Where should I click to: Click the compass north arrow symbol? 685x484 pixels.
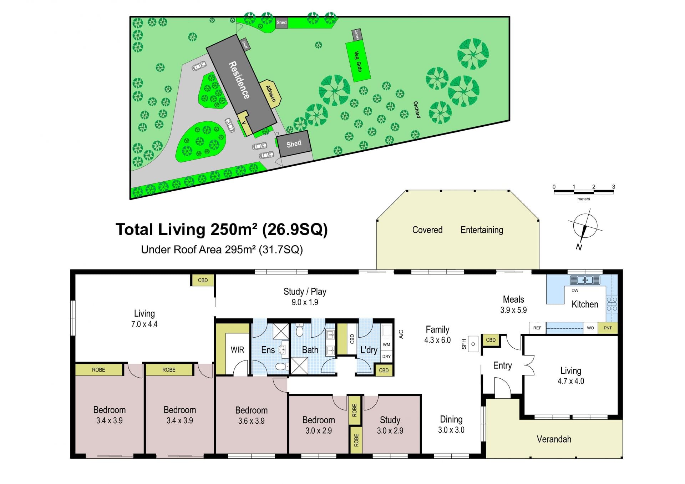point(584,229)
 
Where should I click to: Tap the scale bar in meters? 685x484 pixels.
point(584,192)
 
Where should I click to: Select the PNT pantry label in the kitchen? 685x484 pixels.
point(608,328)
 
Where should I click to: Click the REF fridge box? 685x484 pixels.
point(537,328)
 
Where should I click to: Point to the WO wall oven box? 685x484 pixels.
point(590,328)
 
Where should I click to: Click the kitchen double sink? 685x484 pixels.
point(585,280)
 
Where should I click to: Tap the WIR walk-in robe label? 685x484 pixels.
point(237,349)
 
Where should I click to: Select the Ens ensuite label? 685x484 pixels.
point(268,350)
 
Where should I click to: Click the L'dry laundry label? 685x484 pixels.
point(369,350)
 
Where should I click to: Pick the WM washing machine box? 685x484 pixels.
point(386,344)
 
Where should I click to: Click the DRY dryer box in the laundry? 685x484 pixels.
point(386,356)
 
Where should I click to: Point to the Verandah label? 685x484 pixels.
point(554,439)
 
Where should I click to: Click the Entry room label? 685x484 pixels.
point(502,365)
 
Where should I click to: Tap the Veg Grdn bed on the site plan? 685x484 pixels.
point(358,61)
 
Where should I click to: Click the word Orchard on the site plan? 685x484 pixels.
point(417,110)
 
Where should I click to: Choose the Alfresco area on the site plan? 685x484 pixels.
point(270,93)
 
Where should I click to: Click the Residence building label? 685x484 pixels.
point(239,80)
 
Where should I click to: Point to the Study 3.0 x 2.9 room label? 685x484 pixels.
point(390,425)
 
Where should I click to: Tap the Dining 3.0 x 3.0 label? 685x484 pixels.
point(451,424)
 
